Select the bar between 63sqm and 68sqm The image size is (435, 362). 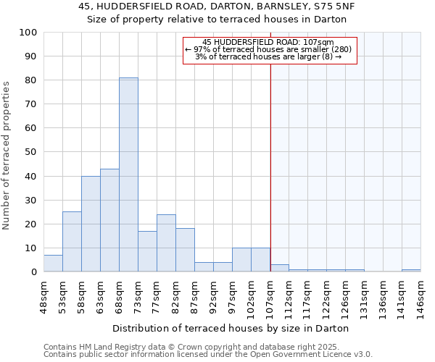(109, 220)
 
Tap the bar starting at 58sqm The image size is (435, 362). (91, 224)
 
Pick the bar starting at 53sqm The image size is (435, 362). (72, 242)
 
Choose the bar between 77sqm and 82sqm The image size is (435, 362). (166, 243)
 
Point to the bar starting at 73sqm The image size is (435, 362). (147, 251)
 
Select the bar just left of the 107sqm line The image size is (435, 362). (260, 260)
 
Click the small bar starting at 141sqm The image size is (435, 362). (411, 271)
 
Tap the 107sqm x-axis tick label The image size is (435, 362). (270, 295)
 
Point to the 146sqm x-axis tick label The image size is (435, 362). (421, 295)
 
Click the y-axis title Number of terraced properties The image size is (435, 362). (7, 155)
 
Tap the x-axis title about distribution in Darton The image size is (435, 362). (231, 328)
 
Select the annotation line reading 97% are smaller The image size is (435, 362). (269, 49)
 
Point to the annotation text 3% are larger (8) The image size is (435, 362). (269, 56)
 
